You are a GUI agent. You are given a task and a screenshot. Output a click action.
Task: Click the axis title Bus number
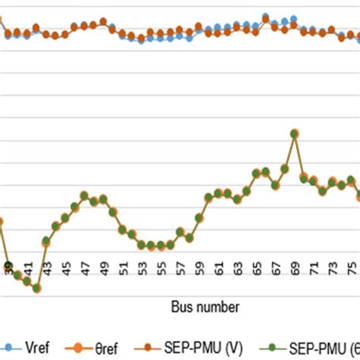pos(204,307)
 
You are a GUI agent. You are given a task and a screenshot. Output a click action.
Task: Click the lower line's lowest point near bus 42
pos(36,288)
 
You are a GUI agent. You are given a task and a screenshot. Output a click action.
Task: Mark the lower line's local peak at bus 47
pos(84,195)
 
